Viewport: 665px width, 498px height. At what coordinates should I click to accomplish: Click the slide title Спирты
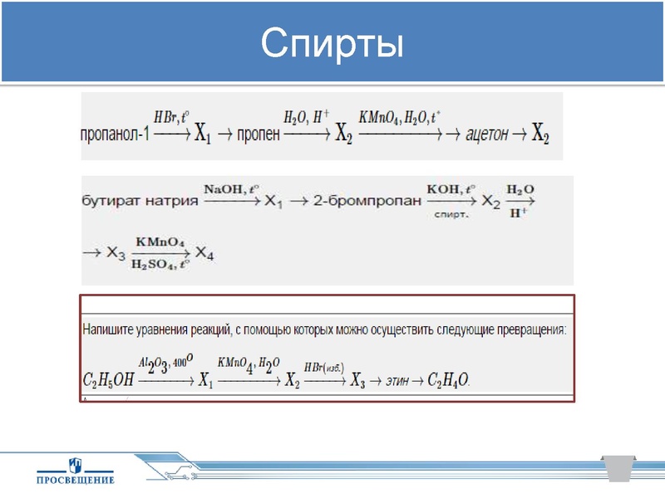point(332,44)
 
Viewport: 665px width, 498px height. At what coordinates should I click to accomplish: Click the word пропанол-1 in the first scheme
point(115,133)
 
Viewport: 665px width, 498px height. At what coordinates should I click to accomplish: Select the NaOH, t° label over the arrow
point(226,189)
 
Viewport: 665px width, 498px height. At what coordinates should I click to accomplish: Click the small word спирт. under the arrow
point(451,213)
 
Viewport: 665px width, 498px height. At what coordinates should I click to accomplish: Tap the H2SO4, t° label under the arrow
point(161,265)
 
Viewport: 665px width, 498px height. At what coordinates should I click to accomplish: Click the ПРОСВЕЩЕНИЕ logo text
point(76,479)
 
